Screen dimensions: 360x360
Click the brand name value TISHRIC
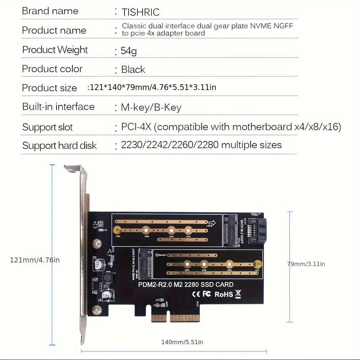pos(140,12)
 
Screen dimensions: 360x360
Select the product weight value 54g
pos(129,51)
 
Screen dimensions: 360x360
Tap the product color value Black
pos(133,69)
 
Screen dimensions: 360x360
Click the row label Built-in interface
pos(58,107)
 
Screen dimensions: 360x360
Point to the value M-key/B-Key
pos(151,107)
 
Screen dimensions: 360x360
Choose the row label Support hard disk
pos(59,145)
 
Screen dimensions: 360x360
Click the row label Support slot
pos(48,127)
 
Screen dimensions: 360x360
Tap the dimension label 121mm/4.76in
pos(35,260)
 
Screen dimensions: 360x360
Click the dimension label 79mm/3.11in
pos(306,264)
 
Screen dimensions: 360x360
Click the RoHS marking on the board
pos(224,294)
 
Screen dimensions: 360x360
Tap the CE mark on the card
pos(196,294)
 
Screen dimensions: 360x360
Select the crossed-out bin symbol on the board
pos(238,294)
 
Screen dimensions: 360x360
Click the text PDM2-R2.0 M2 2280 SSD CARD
pos(186,284)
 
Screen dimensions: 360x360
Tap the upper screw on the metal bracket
pos(96,244)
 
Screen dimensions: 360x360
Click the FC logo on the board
pos(207,294)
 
